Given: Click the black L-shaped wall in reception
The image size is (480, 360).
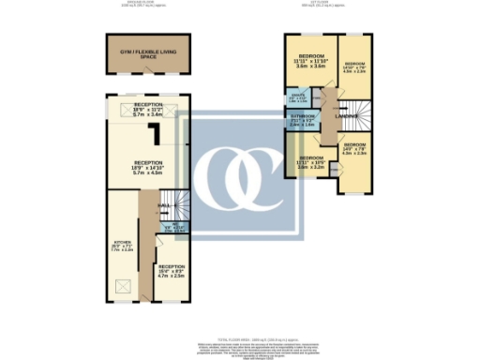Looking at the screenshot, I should click(x=161, y=139).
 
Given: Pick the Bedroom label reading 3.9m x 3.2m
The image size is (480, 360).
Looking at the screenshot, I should click(x=310, y=163).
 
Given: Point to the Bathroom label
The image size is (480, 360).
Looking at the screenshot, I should click(x=301, y=121).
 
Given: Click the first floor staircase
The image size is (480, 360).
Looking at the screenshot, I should click(x=355, y=118).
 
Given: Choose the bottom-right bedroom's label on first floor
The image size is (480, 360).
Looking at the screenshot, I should click(x=354, y=150).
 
